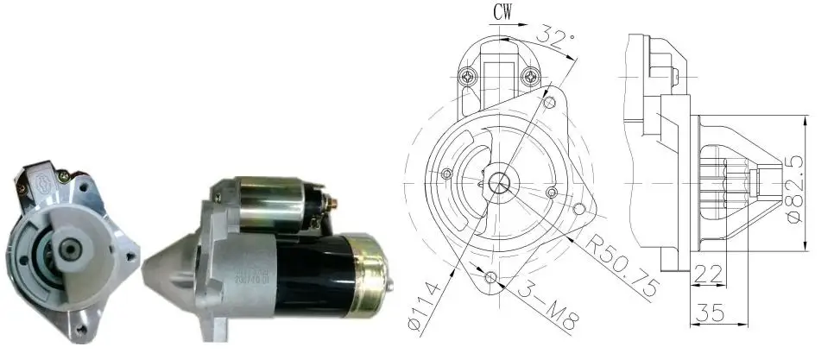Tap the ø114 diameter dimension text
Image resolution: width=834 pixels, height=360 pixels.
pos(426,305)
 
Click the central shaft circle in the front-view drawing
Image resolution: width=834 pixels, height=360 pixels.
pos(499,183)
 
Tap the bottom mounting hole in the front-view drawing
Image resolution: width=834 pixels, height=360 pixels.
pos(491,278)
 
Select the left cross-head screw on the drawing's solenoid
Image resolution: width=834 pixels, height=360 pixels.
pos(469,77)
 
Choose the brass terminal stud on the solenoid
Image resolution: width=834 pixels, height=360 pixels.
pos(334,205)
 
